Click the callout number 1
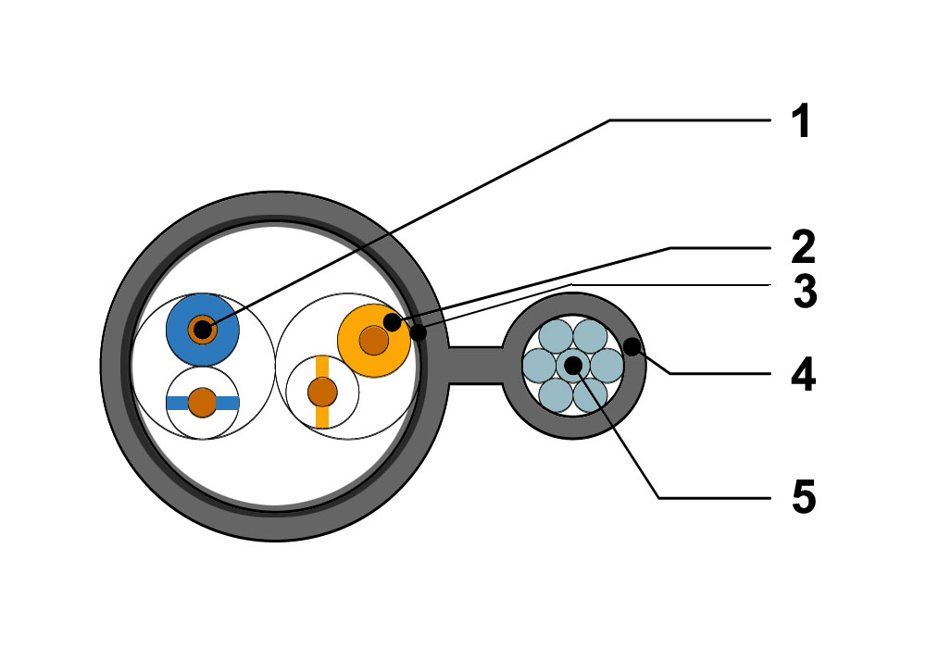pyautogui.click(x=801, y=121)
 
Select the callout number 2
pyautogui.click(x=803, y=247)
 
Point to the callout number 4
pyautogui.click(x=804, y=374)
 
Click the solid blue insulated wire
pyautogui.click(x=203, y=330)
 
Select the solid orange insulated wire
pyautogui.click(x=374, y=341)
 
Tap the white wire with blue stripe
pyautogui.click(x=203, y=403)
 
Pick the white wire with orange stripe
pyautogui.click(x=322, y=392)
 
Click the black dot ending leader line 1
pyautogui.click(x=203, y=330)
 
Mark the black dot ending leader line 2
pyautogui.click(x=392, y=323)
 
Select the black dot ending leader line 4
pyautogui.click(x=632, y=347)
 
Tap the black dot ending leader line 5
pyautogui.click(x=573, y=366)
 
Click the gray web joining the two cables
pyautogui.click(x=475, y=366)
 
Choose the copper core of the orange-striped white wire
pyautogui.click(x=322, y=392)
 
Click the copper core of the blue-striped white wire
pyautogui.click(x=203, y=403)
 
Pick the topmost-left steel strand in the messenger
pyautogui.click(x=556, y=336)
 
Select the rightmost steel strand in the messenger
pyautogui.click(x=607, y=366)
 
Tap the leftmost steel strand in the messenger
pyautogui.click(x=540, y=366)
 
